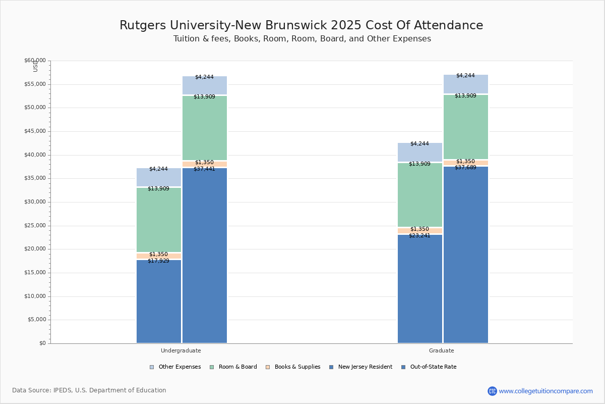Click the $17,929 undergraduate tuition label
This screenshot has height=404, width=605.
pyautogui.click(x=158, y=261)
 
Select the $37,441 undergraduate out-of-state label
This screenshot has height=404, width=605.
pyautogui.click(x=204, y=169)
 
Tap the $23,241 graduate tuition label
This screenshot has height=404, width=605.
pyautogui.click(x=419, y=236)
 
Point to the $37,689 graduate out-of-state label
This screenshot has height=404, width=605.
pyautogui.click(x=465, y=168)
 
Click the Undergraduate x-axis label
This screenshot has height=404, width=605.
pyautogui.click(x=180, y=350)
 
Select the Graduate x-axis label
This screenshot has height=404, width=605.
pyautogui.click(x=441, y=350)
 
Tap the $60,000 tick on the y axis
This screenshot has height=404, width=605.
pyautogui.click(x=35, y=61)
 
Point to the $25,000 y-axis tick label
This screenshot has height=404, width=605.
pyautogui.click(x=35, y=226)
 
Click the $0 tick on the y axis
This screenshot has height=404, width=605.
pyautogui.click(x=42, y=343)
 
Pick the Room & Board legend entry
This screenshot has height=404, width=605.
pyautogui.click(x=237, y=367)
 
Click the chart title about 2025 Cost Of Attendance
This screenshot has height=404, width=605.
pyautogui.click(x=301, y=26)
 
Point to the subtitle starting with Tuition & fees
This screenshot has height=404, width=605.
pyautogui.click(x=302, y=39)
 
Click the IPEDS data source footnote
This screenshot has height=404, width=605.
pyautogui.click(x=89, y=390)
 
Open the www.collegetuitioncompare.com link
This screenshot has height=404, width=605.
pyautogui.click(x=546, y=391)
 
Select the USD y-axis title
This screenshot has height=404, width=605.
pyautogui.click(x=35, y=66)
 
